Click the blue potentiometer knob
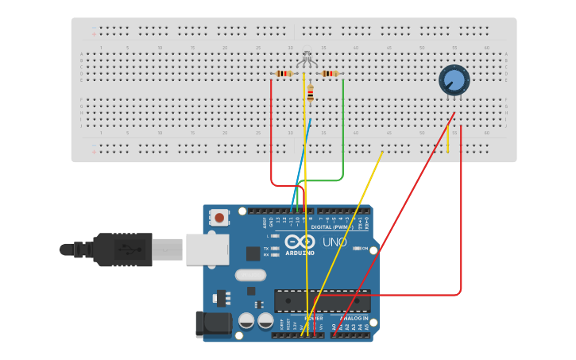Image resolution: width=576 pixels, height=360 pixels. coord(454,79)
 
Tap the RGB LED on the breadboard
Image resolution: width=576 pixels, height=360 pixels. coord(307,60)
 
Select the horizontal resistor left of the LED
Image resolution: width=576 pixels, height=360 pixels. coord(284,74)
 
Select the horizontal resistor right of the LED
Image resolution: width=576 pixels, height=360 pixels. coord(329,74)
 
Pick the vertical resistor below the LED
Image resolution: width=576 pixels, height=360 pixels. coord(311,95)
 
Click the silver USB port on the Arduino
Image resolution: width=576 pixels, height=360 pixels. coord(207,249)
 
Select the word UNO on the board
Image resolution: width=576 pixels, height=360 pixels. coord(334,242)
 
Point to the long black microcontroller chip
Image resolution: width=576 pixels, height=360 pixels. coord(322,300)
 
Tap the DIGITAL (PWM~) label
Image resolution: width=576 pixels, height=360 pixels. coord(333,227)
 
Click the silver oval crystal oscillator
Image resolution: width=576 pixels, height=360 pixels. coord(250,276)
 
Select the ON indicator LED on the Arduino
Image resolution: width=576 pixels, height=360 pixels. coord(355,249)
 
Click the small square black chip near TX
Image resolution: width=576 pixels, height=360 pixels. coord(253,254)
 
